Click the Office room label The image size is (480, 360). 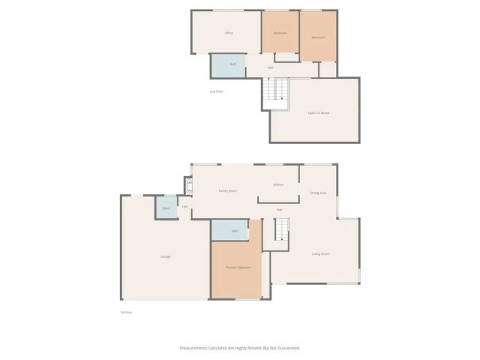tap(229, 33)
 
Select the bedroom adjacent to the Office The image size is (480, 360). tap(280, 33)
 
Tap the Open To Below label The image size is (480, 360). tap(319, 112)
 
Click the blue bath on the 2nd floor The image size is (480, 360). tap(226, 65)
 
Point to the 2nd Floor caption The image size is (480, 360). tap(216, 91)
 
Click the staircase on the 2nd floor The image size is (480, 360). tap(277, 92)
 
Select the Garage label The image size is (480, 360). tap(165, 256)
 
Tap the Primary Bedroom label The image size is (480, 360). tap(238, 267)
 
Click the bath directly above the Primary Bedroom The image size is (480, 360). tap(234, 230)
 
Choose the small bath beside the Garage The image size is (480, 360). tap(166, 208)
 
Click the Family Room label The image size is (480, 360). tap(228, 191)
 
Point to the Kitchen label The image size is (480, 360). tap(278, 184)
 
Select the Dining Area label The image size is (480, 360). tap(318, 193)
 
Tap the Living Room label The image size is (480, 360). tap(321, 253)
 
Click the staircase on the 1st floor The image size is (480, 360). tap(280, 230)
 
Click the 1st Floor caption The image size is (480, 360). tap(126, 312)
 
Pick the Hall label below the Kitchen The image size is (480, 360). tap(279, 209)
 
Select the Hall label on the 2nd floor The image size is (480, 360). tap(269, 67)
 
